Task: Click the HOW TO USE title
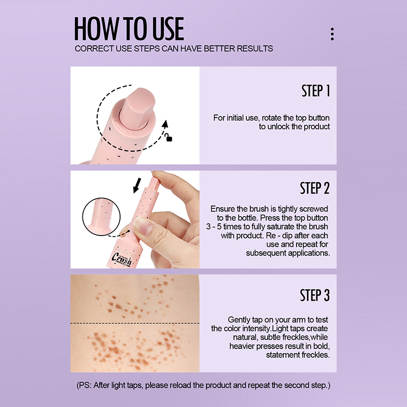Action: tap(129, 28)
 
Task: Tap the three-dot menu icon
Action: tap(332, 34)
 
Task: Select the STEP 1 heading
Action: tap(315, 91)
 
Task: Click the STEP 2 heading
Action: tap(314, 188)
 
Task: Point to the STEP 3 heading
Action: tap(314, 295)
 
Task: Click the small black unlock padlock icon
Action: tap(169, 137)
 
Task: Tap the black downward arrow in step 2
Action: tap(137, 185)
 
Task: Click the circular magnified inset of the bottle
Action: tap(101, 217)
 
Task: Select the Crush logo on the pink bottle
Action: tap(122, 258)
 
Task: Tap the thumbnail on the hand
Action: tap(142, 225)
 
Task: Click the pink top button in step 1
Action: tap(137, 108)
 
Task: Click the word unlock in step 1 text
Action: tap(278, 127)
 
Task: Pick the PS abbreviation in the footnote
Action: tap(84, 385)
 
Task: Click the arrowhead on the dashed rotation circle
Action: tap(165, 124)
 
